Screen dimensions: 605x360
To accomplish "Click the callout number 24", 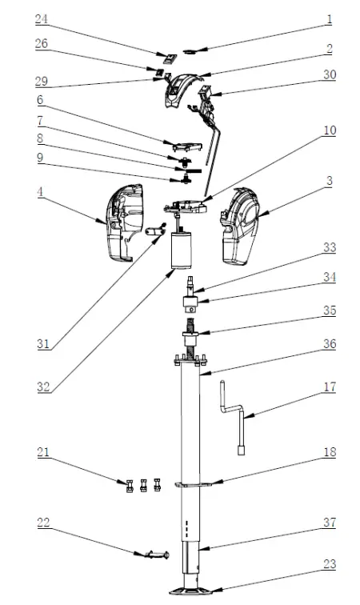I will [42, 18].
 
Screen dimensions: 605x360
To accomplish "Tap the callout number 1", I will [329, 18].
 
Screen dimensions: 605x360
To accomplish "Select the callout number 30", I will [329, 74].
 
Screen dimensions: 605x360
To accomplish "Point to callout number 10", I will [329, 129].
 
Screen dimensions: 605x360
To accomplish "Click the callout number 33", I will [329, 249].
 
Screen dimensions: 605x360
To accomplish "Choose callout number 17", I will [329, 387].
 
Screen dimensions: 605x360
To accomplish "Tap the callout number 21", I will [42, 453].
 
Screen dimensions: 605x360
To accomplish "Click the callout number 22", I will [42, 523].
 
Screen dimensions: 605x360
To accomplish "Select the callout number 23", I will [329, 563].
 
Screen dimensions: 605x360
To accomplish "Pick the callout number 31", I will [42, 345].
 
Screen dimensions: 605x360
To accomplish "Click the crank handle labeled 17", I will [231, 416].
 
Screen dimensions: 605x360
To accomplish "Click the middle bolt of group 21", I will [143, 484].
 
